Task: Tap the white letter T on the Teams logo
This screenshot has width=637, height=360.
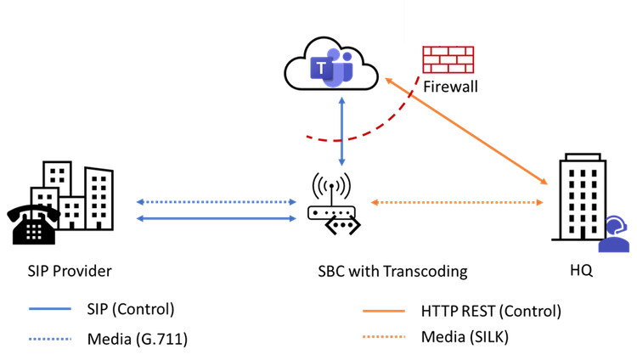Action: [x=321, y=67]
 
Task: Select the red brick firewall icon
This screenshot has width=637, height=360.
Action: [x=448, y=59]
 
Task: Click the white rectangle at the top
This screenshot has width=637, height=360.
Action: [x=457, y=23]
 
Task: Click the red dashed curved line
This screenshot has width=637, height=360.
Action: [x=374, y=127]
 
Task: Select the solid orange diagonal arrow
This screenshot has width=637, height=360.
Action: [x=467, y=132]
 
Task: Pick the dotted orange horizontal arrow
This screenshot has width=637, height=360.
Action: [x=457, y=202]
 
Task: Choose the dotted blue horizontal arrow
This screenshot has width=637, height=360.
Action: [x=216, y=202]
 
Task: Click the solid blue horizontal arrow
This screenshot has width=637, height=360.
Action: [x=216, y=218]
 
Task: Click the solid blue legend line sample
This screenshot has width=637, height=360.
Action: [x=49, y=308]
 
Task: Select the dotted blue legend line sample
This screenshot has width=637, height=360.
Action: [x=49, y=338]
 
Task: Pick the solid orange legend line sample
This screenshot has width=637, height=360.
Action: [x=384, y=311]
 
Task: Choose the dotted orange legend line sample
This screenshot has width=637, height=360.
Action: [x=384, y=337]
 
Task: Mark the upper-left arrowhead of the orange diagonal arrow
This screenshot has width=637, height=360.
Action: [x=387, y=80]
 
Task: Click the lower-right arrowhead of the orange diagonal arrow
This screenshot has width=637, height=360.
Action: [x=545, y=183]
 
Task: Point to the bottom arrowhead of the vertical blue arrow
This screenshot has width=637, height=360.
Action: [x=341, y=161]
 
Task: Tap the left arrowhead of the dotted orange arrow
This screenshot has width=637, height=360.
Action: [x=374, y=202]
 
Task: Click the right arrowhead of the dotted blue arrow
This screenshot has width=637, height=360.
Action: [x=293, y=202]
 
